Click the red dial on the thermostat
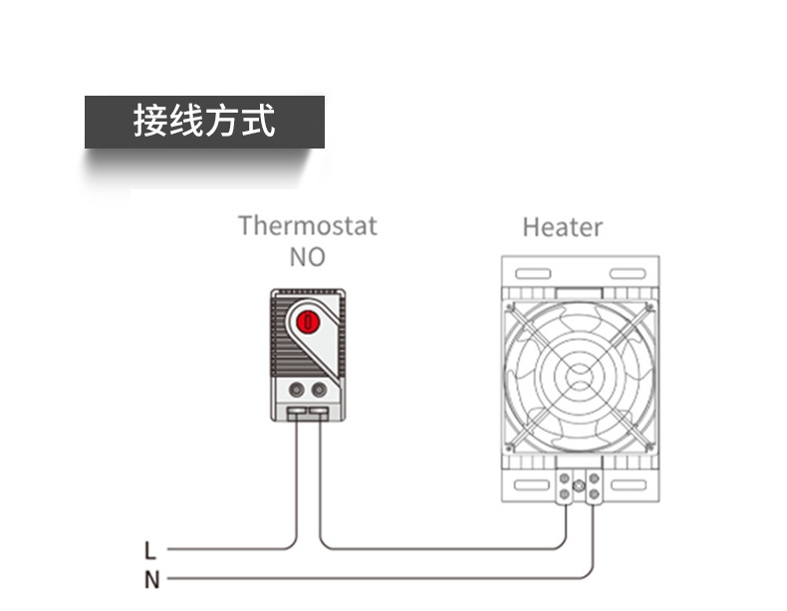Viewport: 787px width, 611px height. click(308, 321)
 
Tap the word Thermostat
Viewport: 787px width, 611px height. click(308, 226)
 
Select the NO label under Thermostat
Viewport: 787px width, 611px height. click(308, 257)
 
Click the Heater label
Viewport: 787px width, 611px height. click(563, 227)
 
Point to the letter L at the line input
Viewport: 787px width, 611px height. click(150, 550)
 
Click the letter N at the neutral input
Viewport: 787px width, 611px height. click(151, 580)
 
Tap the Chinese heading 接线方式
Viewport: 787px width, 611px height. click(204, 121)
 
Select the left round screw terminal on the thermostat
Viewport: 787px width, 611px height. click(297, 389)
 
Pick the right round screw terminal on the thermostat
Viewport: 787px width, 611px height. click(319, 389)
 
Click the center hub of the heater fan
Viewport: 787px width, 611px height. click(580, 376)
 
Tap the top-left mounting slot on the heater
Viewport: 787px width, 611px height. click(533, 274)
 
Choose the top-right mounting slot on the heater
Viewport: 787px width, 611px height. click(628, 274)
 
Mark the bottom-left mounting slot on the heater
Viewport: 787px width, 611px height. click(532, 485)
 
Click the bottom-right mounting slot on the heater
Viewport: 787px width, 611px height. click(629, 485)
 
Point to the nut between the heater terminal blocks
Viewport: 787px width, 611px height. click(579, 485)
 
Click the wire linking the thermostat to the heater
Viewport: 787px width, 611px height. click(441, 549)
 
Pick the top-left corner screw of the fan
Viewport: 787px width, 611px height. click(510, 306)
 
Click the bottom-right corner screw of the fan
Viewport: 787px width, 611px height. click(650, 447)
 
